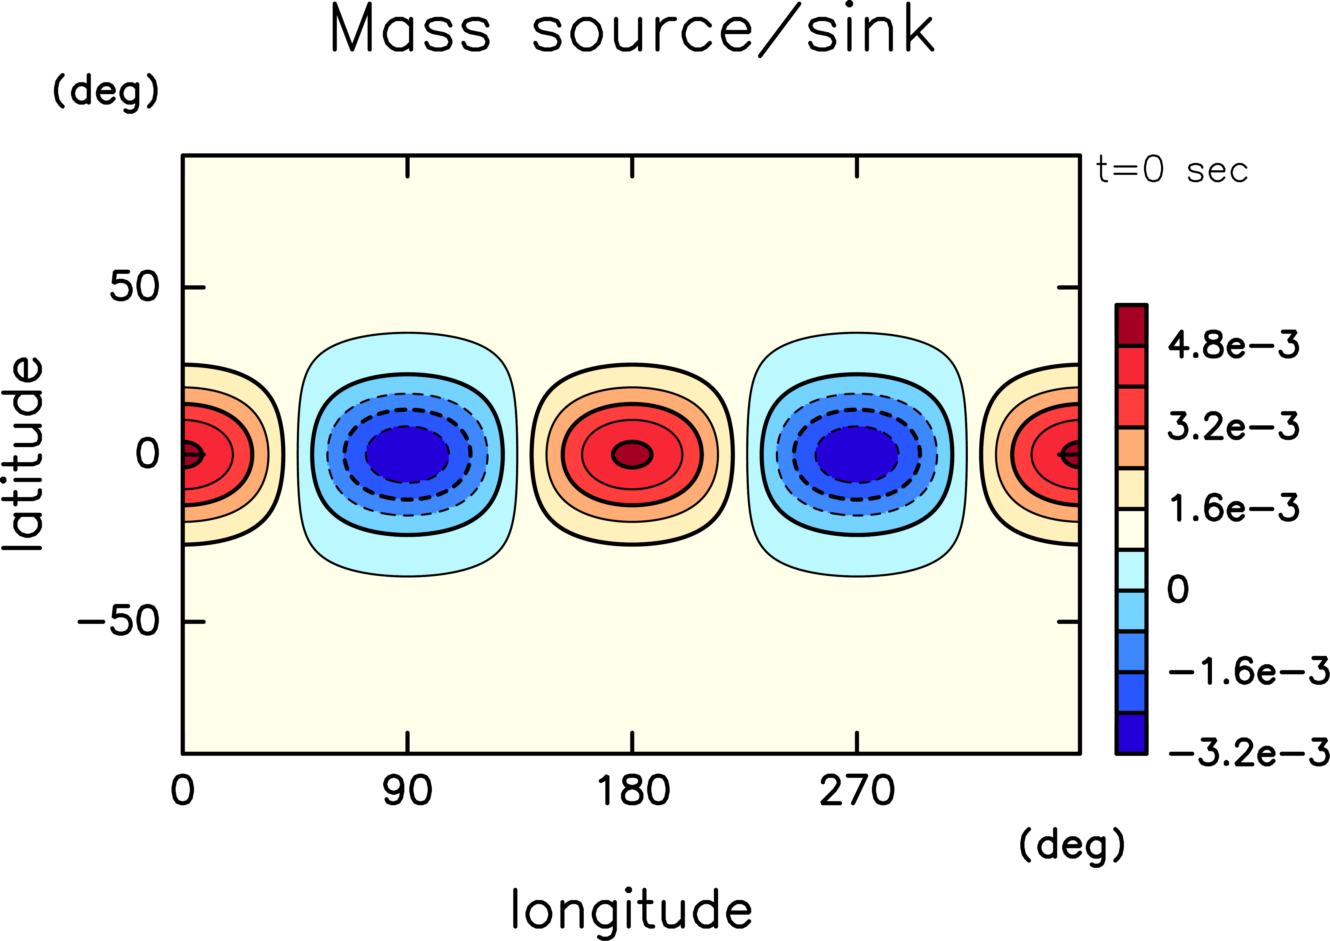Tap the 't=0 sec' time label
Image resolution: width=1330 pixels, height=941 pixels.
1171,170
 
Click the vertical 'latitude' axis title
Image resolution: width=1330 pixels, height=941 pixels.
23,454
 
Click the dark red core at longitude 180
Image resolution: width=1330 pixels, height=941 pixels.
633,454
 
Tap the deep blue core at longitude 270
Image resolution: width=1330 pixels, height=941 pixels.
857,454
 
